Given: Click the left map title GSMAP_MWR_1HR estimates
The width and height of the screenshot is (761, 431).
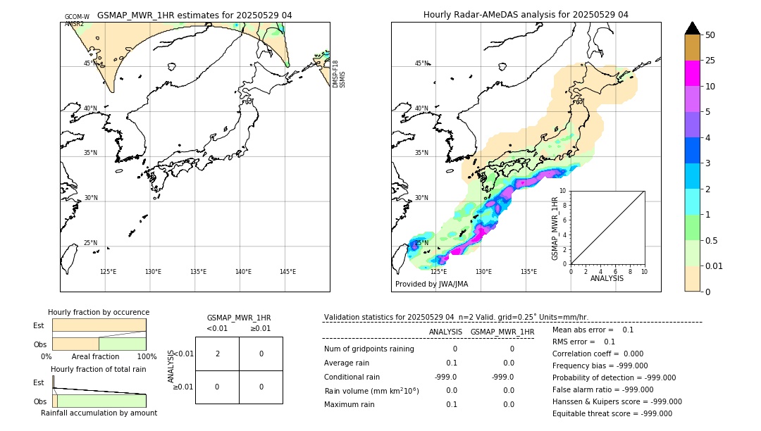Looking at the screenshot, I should coord(194,15).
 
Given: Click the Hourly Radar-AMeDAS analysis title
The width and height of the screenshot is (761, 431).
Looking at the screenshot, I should coord(526,15).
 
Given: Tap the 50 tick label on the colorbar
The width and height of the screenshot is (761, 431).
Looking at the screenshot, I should coord(710,35).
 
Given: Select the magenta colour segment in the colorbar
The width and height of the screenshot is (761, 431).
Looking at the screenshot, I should coord(692,73).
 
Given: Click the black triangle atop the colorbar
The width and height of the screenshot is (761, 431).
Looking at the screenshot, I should coord(692,28).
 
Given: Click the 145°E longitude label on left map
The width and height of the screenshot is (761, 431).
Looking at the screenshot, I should coord(287,272).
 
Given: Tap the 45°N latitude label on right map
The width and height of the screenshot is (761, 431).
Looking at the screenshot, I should coord(421,63).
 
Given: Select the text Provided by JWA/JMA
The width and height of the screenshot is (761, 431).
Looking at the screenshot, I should coord(431,284).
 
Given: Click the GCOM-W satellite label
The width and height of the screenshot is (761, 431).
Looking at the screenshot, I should coord(77,16).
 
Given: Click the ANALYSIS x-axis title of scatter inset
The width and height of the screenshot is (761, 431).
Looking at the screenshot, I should coord(607,278).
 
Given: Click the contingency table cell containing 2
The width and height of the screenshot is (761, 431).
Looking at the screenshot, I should coord(217,354).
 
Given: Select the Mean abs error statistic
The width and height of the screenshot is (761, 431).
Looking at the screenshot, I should coord(583,330).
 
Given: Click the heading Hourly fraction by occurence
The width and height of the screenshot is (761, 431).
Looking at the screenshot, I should coord(99,312).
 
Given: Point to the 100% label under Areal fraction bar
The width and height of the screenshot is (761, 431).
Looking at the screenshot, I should coord(146,356).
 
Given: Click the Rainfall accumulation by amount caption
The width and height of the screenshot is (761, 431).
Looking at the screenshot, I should coord(99,413).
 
